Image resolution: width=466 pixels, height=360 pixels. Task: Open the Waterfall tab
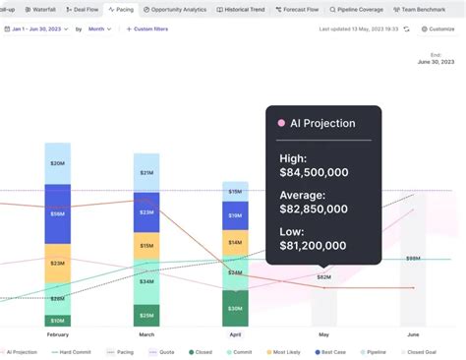(x=40, y=9)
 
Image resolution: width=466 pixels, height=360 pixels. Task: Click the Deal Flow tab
(x=84, y=9)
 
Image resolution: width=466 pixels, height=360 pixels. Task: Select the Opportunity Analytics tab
(x=175, y=9)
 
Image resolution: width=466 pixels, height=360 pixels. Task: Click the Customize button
(x=438, y=29)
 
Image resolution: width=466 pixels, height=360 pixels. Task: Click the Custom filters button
(x=147, y=29)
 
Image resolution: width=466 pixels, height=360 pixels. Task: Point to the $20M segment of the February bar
(x=58, y=163)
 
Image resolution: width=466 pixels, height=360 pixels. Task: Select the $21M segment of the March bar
(x=146, y=172)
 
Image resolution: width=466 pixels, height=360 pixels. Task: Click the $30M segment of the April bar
(x=235, y=308)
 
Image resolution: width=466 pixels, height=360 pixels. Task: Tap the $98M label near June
(x=413, y=259)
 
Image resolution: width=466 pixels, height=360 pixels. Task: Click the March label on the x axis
(x=146, y=334)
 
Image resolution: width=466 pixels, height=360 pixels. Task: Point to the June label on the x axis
(x=413, y=334)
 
